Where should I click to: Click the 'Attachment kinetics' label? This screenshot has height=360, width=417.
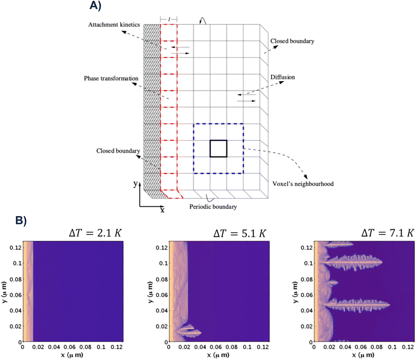point(114,25)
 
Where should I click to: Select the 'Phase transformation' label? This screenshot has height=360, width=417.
point(111,79)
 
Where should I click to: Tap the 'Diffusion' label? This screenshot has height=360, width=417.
point(283,77)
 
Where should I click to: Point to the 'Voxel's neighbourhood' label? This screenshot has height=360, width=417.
point(303,184)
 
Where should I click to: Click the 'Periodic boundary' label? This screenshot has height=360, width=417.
point(213,207)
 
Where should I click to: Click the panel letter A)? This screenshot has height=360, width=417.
point(95,5)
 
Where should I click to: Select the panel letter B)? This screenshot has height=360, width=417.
point(21,221)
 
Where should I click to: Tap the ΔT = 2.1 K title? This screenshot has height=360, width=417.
point(95,233)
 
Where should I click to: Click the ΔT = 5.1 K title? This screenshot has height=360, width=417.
point(240,233)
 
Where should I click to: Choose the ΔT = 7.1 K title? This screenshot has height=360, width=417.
point(388,233)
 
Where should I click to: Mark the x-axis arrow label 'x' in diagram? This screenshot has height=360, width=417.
point(162,210)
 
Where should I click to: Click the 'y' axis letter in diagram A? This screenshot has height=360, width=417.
point(135,184)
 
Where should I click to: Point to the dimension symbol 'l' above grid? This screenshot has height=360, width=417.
point(169,19)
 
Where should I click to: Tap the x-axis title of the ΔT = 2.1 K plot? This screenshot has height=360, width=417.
point(72,355)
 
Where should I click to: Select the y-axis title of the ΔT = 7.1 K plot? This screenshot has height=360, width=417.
point(296,293)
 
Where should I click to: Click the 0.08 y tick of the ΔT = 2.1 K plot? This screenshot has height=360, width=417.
point(15,279)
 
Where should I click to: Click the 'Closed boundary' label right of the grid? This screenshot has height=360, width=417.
point(292,41)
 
